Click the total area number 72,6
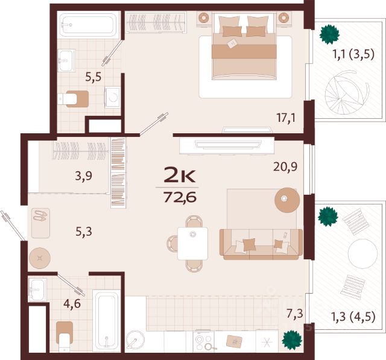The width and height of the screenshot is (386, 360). coord(180,197)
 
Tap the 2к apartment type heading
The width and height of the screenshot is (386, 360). coord(180,174)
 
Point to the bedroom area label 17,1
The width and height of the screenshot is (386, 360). coord(286,118)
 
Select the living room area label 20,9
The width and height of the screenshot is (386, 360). coord(285,166)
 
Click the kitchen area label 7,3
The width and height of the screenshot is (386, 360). coord(295,314)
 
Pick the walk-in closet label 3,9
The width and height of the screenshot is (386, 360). coord(84,175)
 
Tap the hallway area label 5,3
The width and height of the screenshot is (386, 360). coord(84,232)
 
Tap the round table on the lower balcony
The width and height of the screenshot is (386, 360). coord(362,253)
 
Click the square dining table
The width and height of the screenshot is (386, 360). coord(192,244)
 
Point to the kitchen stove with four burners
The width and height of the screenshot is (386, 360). coord(203,341)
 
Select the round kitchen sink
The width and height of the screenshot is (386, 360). coord(135,341)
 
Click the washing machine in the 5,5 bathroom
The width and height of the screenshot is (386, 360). coord(113,98)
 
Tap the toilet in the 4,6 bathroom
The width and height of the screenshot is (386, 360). coord(65,336)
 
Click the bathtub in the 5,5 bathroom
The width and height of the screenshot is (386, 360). coord(88,25)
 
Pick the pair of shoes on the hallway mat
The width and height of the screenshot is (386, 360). coord(40,216)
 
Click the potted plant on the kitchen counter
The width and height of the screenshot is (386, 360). coord(292,340)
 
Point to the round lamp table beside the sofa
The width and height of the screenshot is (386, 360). coord(287,200)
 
